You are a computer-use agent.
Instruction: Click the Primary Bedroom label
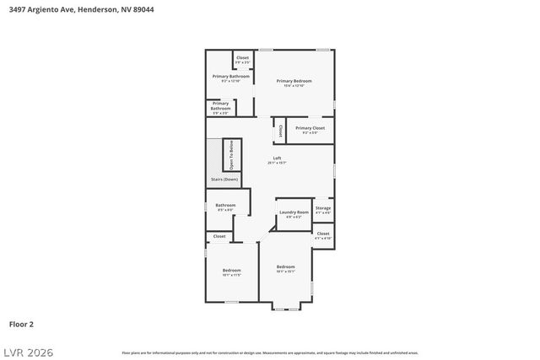(x=293, y=81)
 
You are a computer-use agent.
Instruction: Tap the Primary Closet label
(x=310, y=128)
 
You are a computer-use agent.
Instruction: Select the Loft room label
(x=277, y=159)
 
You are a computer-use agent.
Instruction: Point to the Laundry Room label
(x=294, y=212)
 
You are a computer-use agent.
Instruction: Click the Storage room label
(x=323, y=208)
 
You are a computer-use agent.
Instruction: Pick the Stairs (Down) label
(x=225, y=180)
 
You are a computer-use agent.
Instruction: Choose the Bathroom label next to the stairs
(x=225, y=206)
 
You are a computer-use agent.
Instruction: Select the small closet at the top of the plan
(x=242, y=58)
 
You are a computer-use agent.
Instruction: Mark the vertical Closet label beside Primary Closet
(x=280, y=131)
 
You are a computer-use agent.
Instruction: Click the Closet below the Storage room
(x=323, y=235)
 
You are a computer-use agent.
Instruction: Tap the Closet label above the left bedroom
(x=219, y=237)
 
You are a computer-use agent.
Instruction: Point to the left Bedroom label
(x=231, y=271)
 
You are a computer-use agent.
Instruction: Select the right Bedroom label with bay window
(x=285, y=267)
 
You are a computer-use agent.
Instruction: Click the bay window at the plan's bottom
(x=285, y=307)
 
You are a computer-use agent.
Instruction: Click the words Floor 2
(x=21, y=324)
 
